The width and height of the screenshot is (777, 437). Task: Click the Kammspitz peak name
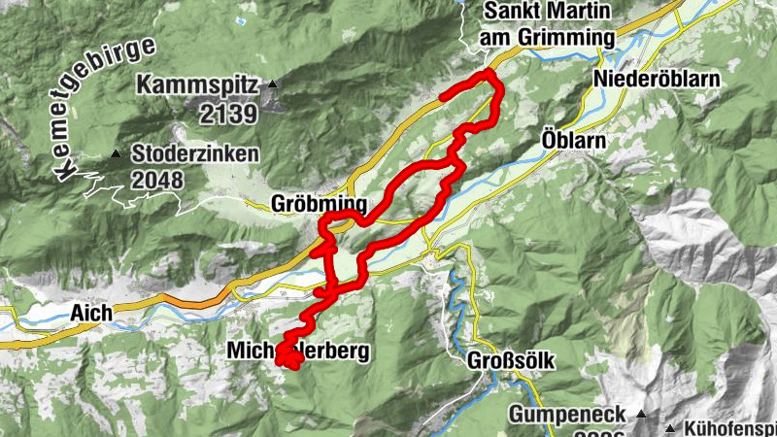pos(198,85)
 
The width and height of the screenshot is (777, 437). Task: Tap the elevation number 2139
pos(229,114)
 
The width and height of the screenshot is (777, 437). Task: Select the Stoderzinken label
pos(196,153)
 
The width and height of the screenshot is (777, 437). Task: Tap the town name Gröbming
pos(319,204)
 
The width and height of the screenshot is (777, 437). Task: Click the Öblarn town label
pos(572,141)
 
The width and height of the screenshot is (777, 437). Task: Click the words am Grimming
pos(548,38)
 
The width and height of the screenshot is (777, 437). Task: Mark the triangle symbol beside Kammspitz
pos(273,85)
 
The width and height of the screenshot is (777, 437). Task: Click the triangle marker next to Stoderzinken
pos(117,153)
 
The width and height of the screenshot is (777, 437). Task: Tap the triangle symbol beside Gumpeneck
pos(640,414)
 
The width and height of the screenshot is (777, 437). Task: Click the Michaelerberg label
pos(299,351)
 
